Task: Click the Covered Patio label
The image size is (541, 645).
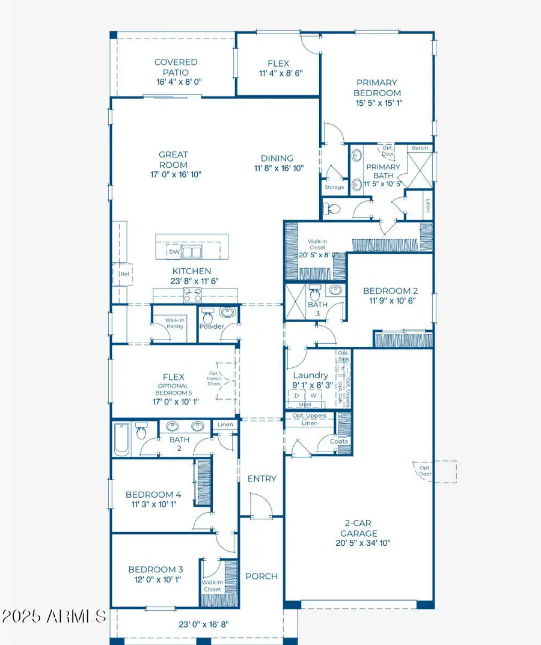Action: point(176,67)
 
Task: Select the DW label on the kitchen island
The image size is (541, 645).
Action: point(174,252)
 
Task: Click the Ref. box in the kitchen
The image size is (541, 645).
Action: point(124,274)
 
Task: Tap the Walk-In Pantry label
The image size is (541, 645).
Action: point(175,323)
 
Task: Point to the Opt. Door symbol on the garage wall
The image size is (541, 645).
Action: point(425,471)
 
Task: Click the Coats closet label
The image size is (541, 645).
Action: point(339,441)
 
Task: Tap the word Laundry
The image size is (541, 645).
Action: point(311,375)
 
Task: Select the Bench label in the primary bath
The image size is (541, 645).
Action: point(420,148)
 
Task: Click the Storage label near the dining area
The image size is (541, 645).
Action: point(334,187)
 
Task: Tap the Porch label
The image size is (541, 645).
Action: point(261,576)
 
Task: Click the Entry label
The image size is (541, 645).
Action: point(262,478)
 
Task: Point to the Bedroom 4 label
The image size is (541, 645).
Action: point(153,495)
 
